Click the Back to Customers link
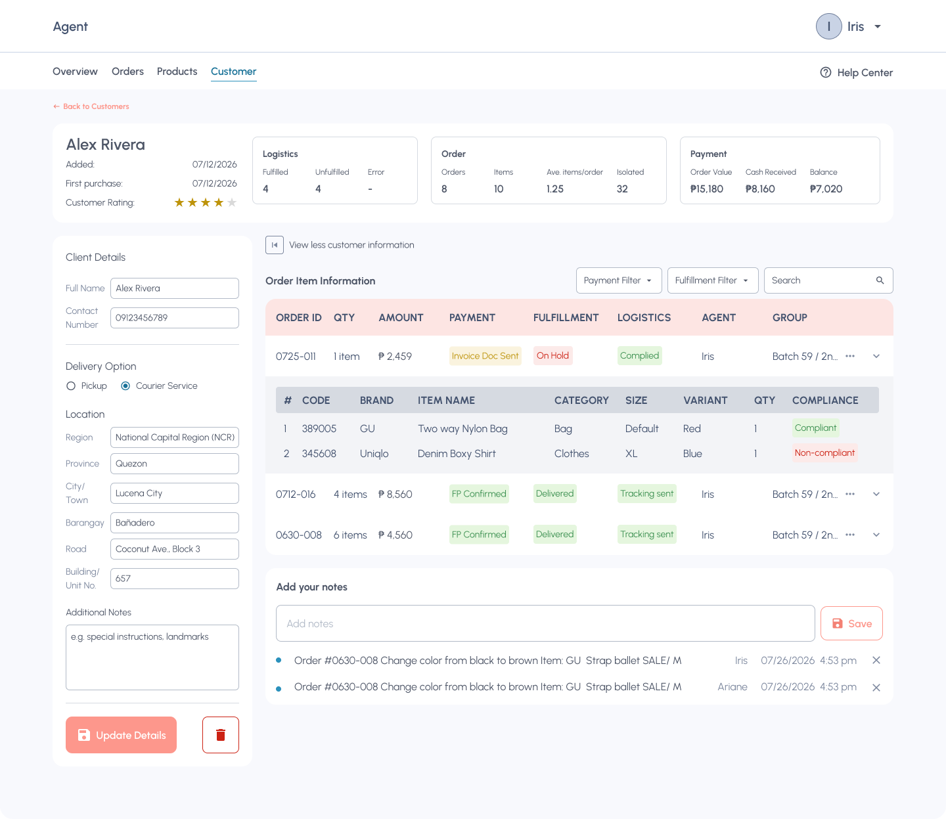coord(91,106)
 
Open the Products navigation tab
coord(177,72)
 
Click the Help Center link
coord(856,72)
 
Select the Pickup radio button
coord(70,386)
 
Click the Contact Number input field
coord(174,317)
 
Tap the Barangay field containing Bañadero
coord(174,523)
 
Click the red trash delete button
coord(221,735)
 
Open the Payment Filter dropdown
coord(619,280)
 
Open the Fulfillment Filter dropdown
coord(713,280)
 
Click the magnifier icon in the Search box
coord(880,280)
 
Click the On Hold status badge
coord(553,355)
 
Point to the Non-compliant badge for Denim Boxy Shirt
coord(824,453)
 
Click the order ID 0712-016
coord(296,494)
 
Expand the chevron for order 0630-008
coord(876,535)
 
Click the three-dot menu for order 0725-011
coord(850,356)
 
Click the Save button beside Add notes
coord(851,623)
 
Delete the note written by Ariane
coord(876,687)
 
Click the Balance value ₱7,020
coord(826,189)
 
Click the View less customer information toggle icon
coord(275,245)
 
